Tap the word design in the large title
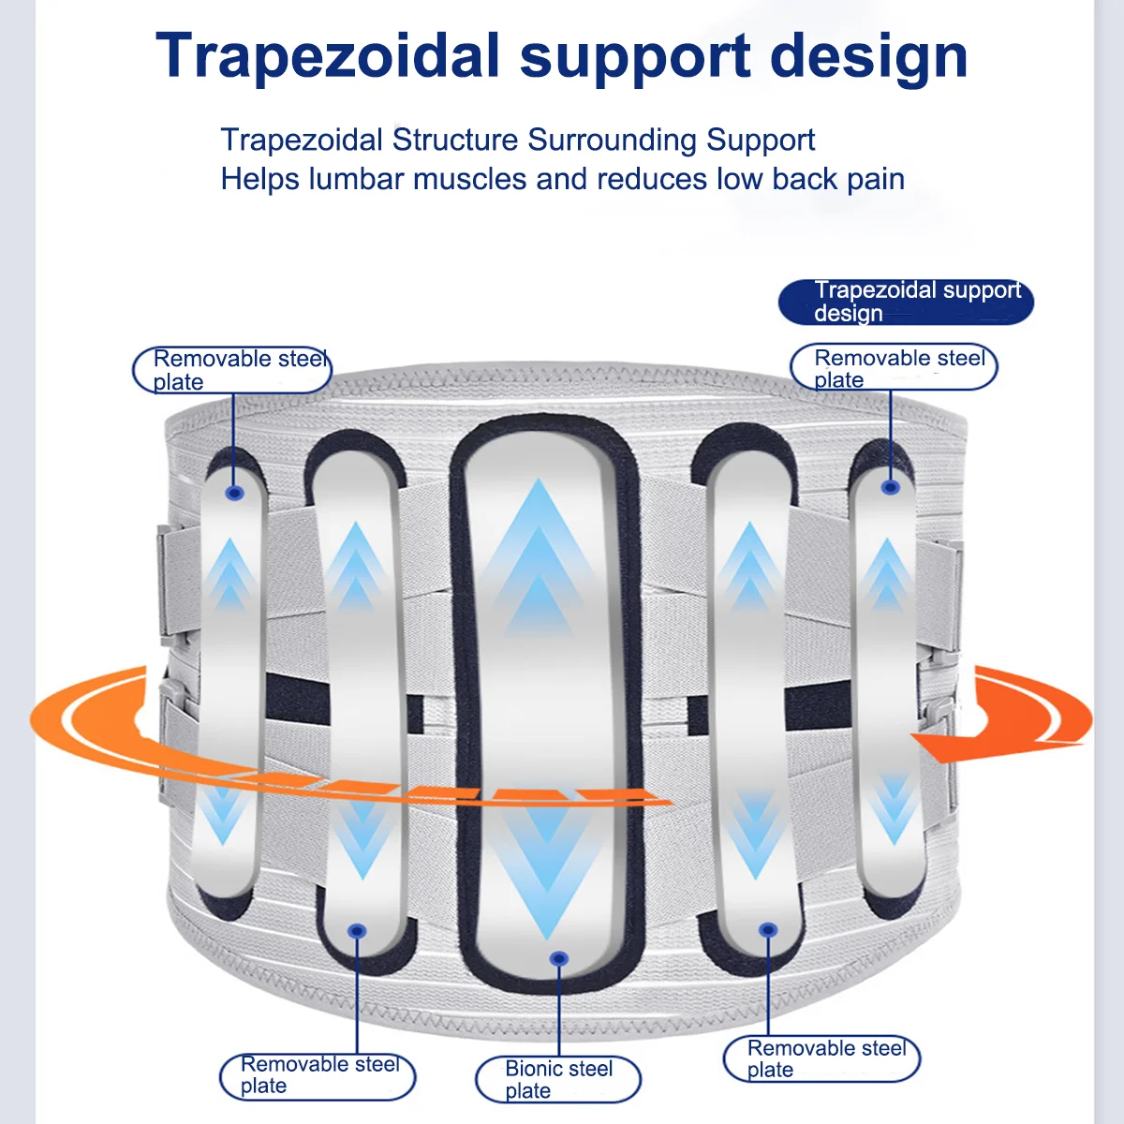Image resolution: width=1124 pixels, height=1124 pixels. pos(868,56)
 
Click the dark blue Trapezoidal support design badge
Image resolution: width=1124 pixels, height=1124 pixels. pos(906,302)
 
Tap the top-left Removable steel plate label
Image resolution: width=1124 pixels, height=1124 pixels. pos(231,370)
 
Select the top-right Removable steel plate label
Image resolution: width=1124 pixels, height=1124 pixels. pos(894,367)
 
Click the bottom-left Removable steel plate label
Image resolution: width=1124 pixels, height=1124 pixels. pos(318,1075)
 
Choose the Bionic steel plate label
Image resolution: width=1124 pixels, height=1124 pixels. pos(557,1079)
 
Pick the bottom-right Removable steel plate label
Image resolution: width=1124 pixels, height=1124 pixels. pos(821,1058)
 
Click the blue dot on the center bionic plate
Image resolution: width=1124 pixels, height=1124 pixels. pos(559,958)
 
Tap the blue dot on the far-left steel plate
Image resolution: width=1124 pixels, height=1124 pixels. pos(235,493)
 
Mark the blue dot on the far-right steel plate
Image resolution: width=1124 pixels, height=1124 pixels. pos(891,487)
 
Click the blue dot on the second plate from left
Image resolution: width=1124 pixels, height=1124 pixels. pos(357,931)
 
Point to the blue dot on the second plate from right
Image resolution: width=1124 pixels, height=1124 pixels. pos(768,930)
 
